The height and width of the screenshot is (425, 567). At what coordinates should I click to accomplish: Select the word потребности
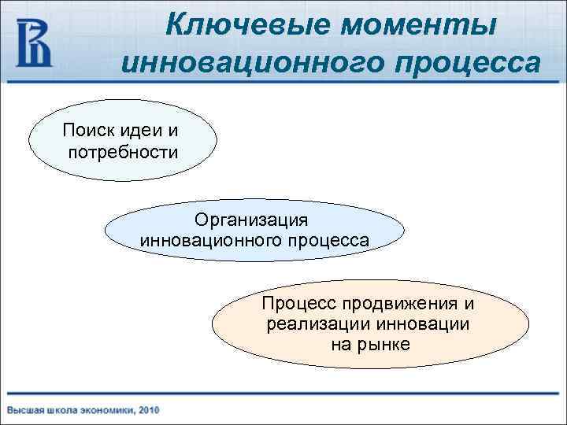pyautogui.click(x=122, y=150)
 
